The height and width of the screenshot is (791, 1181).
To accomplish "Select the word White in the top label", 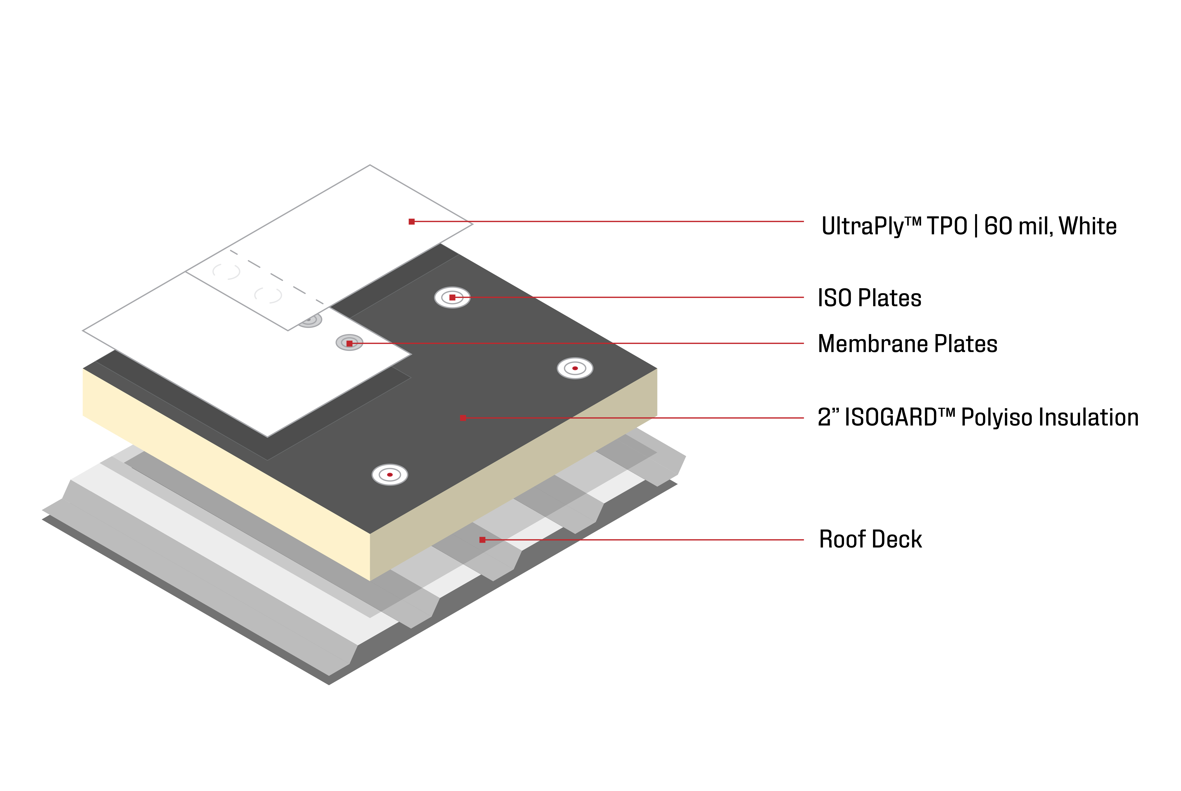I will (1088, 226).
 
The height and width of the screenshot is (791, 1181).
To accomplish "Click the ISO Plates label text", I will (869, 298).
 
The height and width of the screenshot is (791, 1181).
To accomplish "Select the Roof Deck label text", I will (870, 539).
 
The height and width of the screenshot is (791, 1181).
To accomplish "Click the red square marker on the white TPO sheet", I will (412, 222).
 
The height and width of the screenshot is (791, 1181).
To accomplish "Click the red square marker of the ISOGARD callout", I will (463, 418).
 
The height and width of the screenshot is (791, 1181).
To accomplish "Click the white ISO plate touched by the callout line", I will (452, 298).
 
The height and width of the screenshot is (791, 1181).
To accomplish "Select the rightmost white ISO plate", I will (575, 368).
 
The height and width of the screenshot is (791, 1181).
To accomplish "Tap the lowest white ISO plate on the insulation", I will (390, 475).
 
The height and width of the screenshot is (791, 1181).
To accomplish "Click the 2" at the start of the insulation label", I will (828, 418).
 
